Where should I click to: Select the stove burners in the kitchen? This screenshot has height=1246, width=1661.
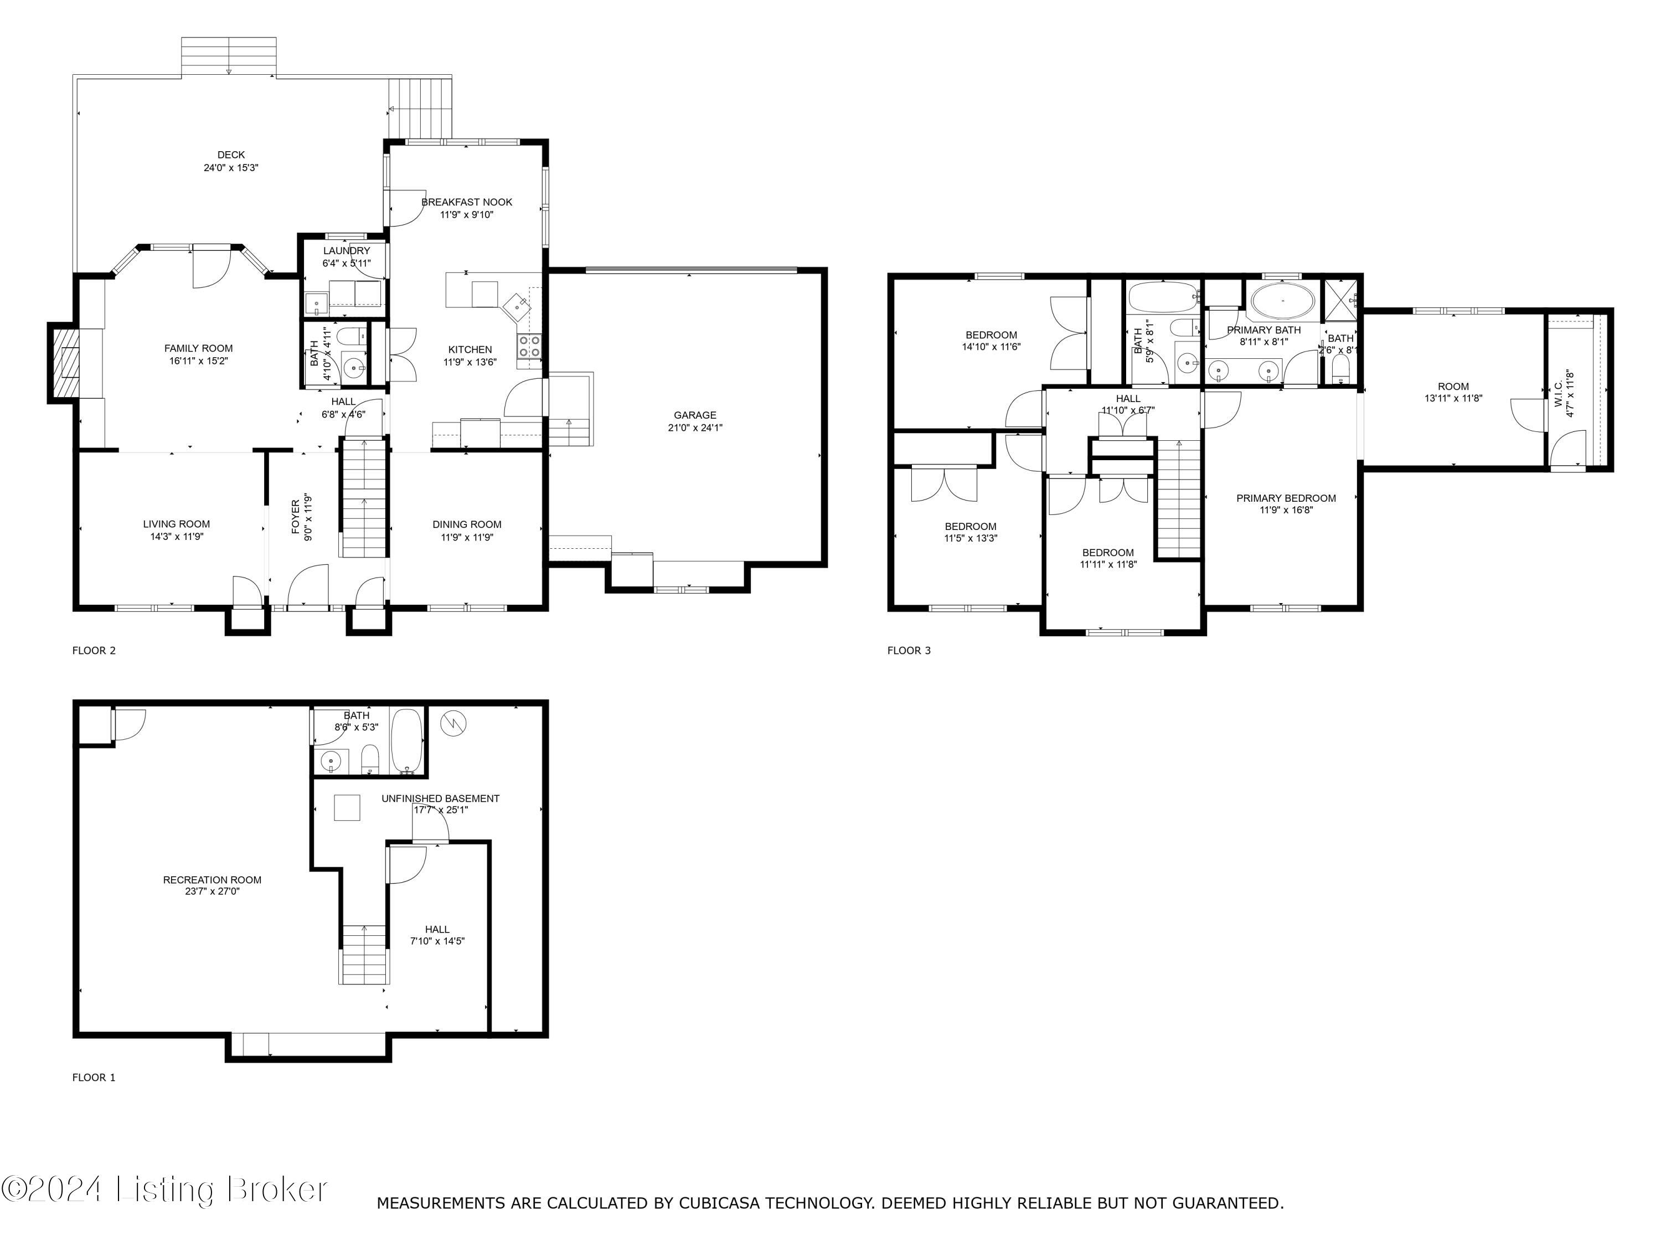coord(529,346)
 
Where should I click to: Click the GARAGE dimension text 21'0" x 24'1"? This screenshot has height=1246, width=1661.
coord(695,428)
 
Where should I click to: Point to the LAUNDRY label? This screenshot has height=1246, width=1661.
coord(346,251)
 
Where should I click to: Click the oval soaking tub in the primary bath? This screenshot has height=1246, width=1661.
coord(1282,302)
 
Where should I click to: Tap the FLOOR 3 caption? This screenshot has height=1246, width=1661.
coord(909,651)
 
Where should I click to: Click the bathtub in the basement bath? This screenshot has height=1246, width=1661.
coord(407,740)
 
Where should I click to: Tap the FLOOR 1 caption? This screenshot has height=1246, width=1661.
coord(94,1077)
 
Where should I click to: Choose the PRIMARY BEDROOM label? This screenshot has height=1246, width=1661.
coord(1286,498)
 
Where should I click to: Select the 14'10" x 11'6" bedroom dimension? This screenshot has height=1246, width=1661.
coord(991,347)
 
